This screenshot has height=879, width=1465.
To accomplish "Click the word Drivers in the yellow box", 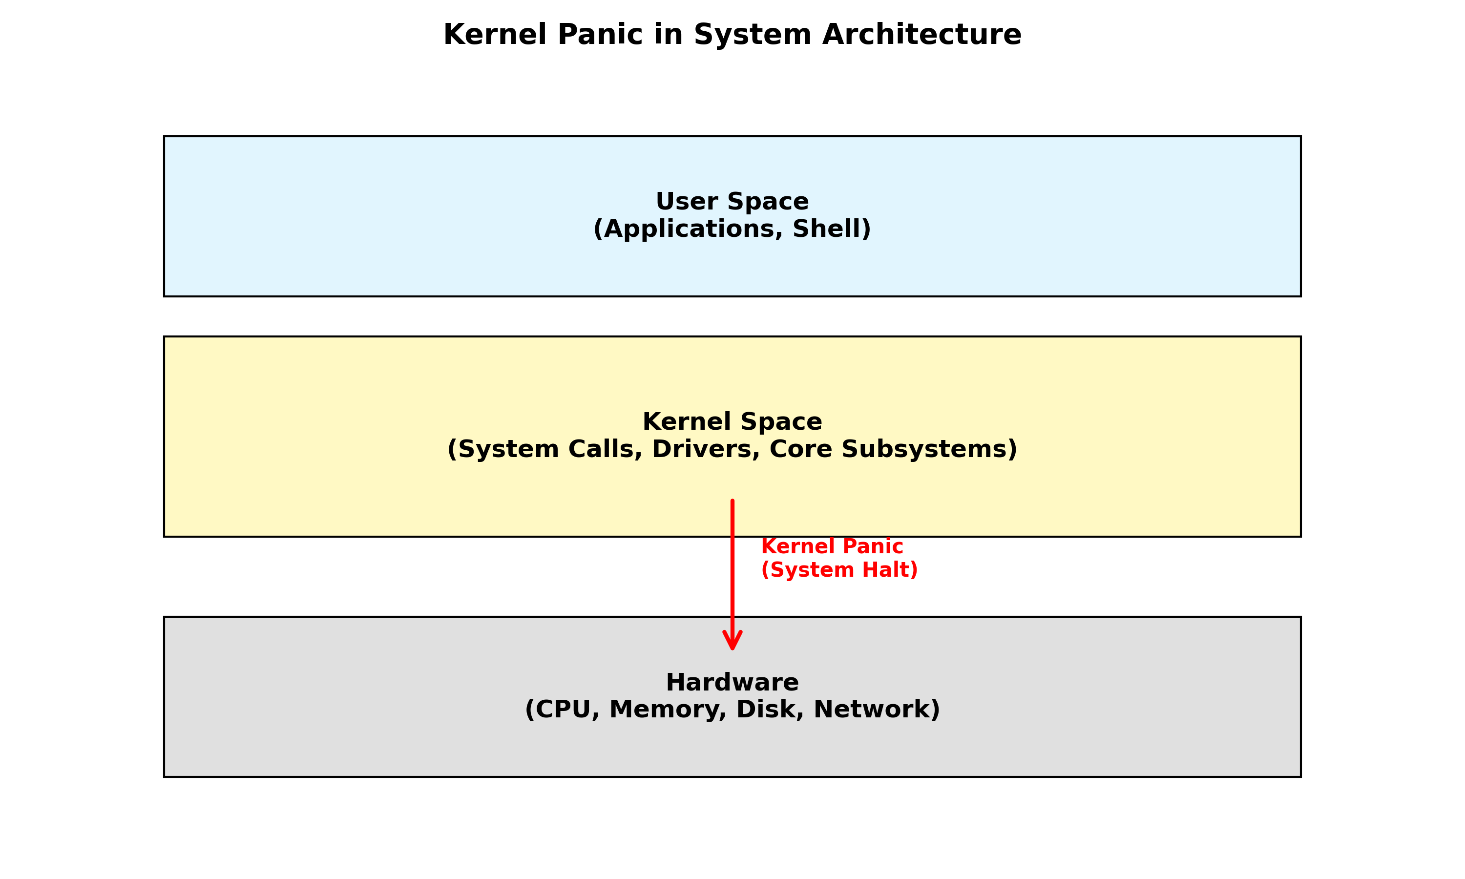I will click(705, 450).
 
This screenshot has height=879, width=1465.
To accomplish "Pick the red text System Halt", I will click(839, 570).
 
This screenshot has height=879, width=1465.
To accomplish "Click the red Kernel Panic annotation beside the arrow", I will click(832, 547).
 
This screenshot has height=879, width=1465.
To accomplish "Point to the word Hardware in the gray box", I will click(732, 683).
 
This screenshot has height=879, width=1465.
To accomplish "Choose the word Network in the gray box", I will click(874, 710).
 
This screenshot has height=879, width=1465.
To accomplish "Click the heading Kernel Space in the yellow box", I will click(732, 422).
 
